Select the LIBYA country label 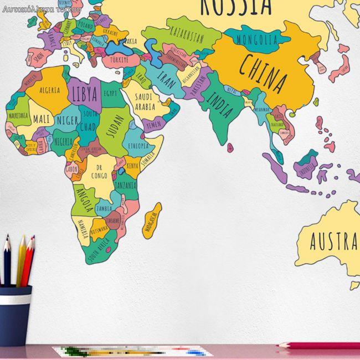click(x=85, y=93)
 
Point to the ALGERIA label click(x=49, y=89)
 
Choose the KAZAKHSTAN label click(x=186, y=34)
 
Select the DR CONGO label click(x=99, y=171)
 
